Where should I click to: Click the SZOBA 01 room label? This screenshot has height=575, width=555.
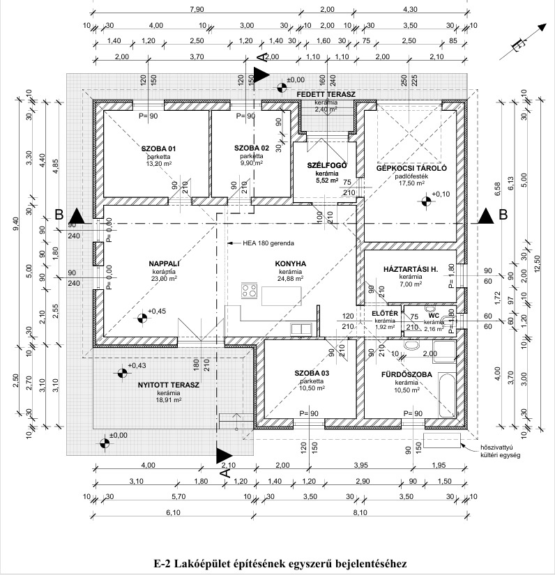click(158, 149)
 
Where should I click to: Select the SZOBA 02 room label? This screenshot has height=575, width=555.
click(251, 149)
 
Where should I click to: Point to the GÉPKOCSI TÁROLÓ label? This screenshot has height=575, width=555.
click(411, 169)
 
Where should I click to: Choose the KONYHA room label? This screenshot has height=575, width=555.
click(291, 263)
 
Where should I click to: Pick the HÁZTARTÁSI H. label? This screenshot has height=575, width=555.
click(410, 269)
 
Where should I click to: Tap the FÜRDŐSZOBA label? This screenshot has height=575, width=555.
click(404, 375)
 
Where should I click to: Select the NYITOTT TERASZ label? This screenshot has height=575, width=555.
click(169, 385)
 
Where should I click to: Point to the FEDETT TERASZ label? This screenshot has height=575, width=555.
click(326, 94)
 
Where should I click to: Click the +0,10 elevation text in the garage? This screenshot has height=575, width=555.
click(441, 194)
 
